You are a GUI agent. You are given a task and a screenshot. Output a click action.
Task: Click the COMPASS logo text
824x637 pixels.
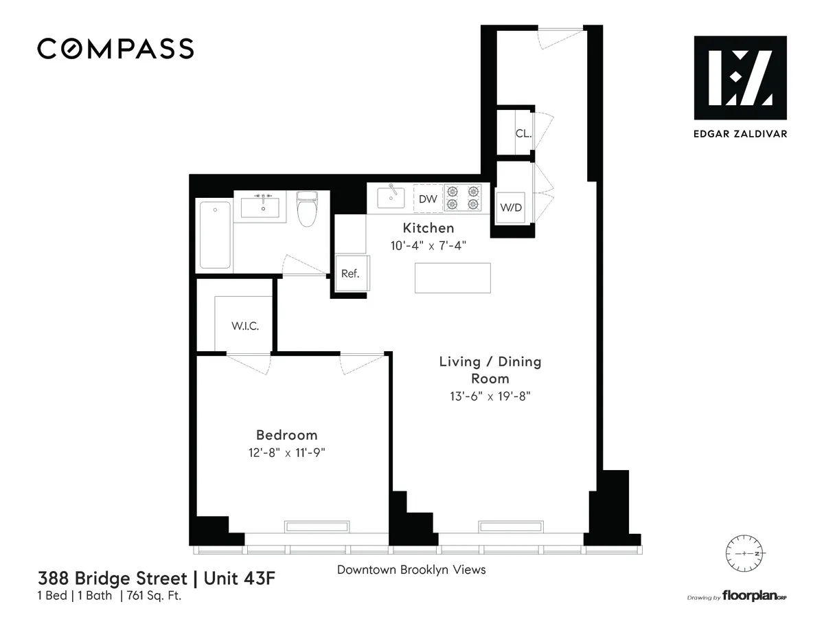[115, 49]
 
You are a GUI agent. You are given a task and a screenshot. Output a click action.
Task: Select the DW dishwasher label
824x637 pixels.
[427, 199]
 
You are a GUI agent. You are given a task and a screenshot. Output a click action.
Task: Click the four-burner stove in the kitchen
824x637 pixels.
[463, 198]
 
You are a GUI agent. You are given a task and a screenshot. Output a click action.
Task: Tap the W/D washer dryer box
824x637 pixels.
[510, 207]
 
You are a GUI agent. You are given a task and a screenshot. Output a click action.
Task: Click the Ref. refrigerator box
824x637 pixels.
[350, 273]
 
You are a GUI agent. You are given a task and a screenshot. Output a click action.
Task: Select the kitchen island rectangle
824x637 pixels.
[453, 278]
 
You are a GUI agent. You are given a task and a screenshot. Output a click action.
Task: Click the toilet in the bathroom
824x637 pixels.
[306, 208]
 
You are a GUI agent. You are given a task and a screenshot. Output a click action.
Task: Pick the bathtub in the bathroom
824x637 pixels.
[214, 235]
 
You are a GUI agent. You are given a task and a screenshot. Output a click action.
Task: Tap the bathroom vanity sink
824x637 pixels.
[260, 205]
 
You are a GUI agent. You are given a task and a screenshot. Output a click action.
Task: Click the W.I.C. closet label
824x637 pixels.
[245, 326]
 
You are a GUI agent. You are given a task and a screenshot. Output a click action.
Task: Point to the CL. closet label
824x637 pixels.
[523, 134]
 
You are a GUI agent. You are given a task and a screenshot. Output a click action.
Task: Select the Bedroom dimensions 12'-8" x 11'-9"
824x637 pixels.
[286, 451]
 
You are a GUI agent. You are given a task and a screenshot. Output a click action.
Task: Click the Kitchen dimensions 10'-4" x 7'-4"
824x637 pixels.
[428, 245]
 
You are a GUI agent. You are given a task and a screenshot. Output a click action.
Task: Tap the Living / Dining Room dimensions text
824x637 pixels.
[490, 396]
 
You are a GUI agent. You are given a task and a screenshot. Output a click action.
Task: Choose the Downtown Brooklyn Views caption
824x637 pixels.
[411, 570]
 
